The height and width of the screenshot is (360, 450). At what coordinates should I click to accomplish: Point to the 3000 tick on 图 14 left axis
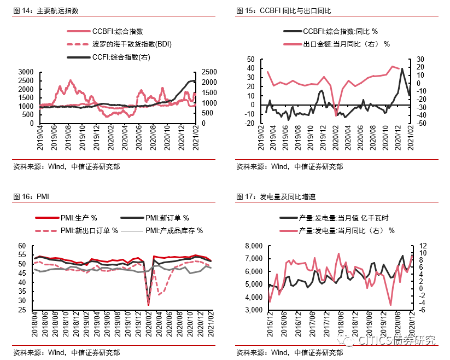click(26, 72)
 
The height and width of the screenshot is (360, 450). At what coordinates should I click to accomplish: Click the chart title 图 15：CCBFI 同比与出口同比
click(284, 10)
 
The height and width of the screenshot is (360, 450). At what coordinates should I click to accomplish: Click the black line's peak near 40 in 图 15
click(402, 68)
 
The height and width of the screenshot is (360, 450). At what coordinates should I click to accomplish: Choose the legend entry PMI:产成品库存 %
click(174, 230)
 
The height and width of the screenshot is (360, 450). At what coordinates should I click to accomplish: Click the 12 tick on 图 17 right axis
click(422, 245)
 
